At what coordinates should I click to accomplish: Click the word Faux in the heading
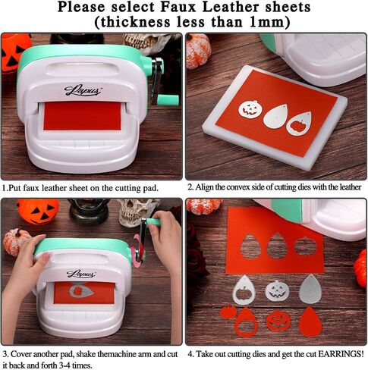tap(178, 7)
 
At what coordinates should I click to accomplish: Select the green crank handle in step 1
tap(168, 99)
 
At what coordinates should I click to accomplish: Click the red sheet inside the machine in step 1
tap(82, 116)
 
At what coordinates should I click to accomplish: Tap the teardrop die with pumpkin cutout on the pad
tap(298, 124)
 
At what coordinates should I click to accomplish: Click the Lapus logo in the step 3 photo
tap(81, 274)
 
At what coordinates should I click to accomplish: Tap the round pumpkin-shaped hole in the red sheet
tap(305, 246)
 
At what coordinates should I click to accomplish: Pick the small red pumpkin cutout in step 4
tap(228, 312)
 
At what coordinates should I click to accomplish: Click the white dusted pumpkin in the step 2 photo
tap(199, 51)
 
